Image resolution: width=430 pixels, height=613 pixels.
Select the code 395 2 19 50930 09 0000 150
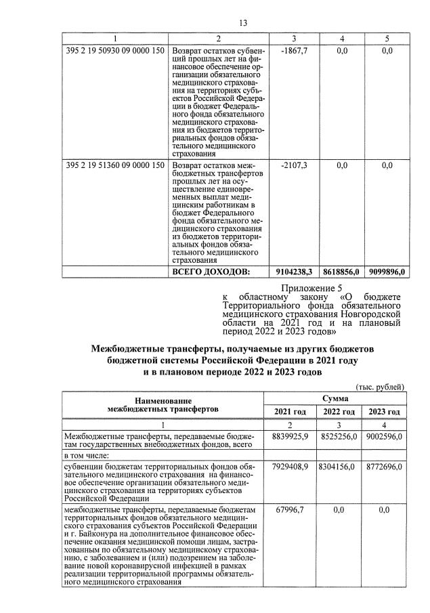[116, 51]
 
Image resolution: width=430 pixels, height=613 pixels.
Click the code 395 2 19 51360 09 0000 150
[116, 165]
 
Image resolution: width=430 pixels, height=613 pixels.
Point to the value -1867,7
[294, 51]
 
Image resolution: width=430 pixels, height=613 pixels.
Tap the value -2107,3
[294, 165]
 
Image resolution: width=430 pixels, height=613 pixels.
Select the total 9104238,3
[294, 272]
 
